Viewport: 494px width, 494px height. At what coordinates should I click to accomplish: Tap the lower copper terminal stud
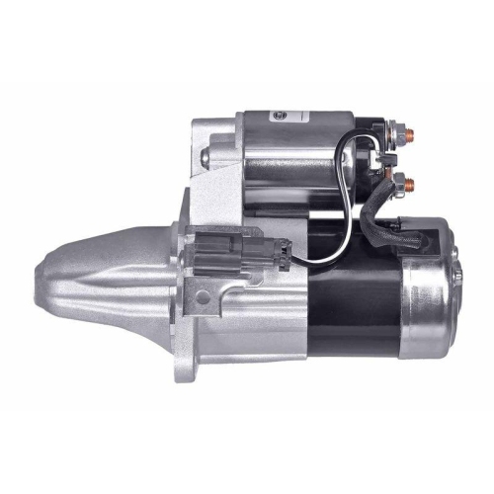coord(408,184)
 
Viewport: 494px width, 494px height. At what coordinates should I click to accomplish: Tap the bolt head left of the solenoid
coord(206,155)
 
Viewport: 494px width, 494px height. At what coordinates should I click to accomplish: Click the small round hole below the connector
coord(203,295)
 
